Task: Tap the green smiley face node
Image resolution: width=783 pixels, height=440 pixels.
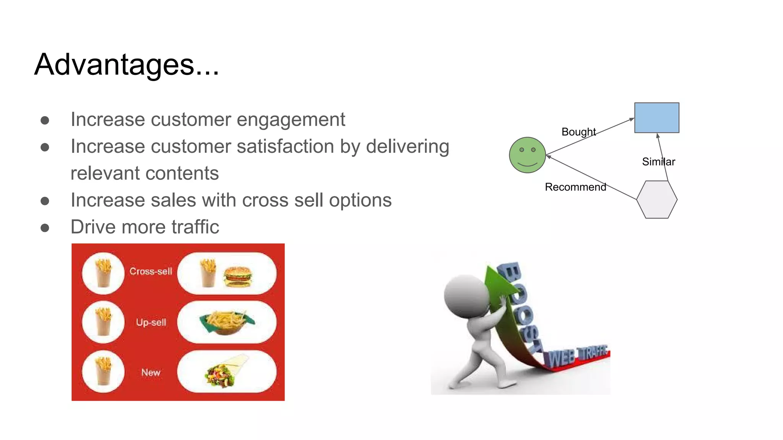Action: click(527, 155)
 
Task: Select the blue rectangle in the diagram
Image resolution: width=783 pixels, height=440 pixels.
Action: click(656, 118)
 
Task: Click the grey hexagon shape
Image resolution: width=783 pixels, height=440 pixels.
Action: click(656, 199)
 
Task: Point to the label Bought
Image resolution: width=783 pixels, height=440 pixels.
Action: click(578, 132)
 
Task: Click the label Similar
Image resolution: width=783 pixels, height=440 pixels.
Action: click(658, 162)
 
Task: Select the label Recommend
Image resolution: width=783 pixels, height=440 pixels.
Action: click(575, 187)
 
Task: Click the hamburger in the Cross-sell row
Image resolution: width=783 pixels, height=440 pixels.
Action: click(238, 276)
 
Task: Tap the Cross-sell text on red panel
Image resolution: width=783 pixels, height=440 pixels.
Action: click(151, 271)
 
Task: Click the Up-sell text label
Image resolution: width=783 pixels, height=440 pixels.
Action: click(151, 322)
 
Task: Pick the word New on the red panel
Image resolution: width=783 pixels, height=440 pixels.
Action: click(151, 372)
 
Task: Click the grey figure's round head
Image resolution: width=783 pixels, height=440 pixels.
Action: click(465, 296)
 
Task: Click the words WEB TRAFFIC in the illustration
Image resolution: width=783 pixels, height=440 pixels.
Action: click(577, 356)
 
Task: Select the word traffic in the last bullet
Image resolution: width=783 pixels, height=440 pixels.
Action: click(195, 227)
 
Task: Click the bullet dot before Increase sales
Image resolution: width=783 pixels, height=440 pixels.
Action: click(45, 201)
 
